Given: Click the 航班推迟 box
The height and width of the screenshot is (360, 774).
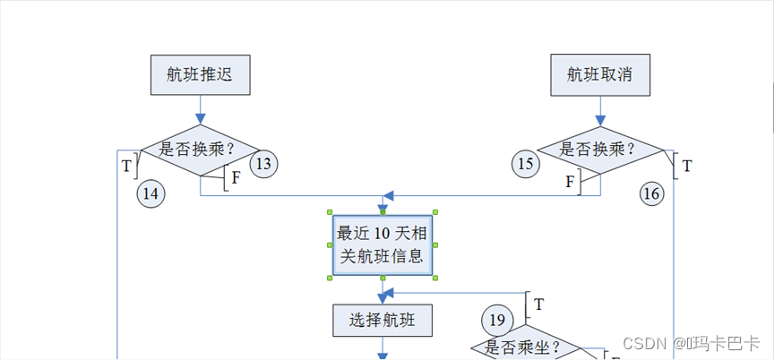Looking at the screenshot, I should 199,74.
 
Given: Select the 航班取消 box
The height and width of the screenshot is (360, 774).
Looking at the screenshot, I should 599,74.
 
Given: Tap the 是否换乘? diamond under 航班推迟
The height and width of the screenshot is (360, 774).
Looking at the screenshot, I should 199,149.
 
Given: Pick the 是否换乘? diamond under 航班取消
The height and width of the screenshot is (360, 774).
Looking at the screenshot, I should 599,149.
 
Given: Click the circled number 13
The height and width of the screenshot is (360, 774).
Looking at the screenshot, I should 263,164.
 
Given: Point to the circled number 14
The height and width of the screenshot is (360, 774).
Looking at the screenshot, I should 150,193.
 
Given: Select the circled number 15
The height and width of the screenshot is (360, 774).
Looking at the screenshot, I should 526,164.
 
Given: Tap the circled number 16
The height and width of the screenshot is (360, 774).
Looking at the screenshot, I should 651,193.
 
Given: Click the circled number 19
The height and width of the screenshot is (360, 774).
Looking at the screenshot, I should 497,318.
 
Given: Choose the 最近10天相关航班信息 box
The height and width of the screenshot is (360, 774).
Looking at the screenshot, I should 383,245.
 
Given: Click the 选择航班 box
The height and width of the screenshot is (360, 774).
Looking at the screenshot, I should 383,319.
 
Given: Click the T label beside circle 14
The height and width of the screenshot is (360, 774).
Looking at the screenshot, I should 126,165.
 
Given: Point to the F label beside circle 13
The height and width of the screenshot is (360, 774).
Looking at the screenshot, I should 236,177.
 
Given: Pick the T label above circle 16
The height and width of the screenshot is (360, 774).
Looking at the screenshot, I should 687,166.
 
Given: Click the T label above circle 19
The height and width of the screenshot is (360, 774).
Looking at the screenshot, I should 538,304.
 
